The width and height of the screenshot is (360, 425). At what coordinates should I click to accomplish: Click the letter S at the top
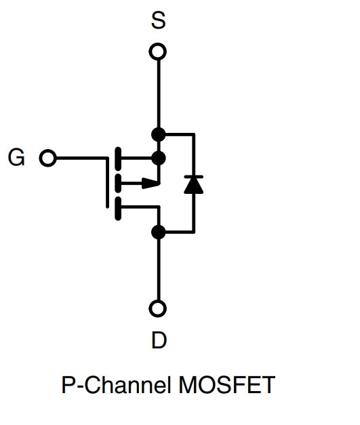coord(159,20)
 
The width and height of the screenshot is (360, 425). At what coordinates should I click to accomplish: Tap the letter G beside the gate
coord(16,157)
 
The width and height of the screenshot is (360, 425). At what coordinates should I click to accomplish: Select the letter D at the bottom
coord(159,340)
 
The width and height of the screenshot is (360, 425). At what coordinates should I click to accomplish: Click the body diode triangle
coord(193,186)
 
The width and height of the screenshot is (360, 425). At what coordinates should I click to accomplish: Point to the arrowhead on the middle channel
coord(151,183)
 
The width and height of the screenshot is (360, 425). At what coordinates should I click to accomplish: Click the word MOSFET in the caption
coord(227,385)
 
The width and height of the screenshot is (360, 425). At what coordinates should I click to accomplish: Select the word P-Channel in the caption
coord(117,385)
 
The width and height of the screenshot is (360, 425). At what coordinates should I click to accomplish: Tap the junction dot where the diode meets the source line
coord(159,134)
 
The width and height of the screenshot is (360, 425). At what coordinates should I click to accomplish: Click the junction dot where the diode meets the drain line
coord(159,232)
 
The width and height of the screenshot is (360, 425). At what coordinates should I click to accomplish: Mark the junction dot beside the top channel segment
coord(159,158)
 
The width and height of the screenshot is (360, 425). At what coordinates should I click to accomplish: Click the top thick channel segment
coord(118,159)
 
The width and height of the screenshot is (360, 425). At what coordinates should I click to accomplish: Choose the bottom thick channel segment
coord(118,209)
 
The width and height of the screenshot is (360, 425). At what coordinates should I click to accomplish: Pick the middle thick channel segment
coord(118,184)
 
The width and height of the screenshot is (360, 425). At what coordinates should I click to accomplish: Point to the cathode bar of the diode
coord(193,177)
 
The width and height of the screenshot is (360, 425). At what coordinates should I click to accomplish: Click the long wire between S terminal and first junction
coord(159,94)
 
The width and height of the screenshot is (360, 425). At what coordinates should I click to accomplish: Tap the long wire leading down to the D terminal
coord(159,270)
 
